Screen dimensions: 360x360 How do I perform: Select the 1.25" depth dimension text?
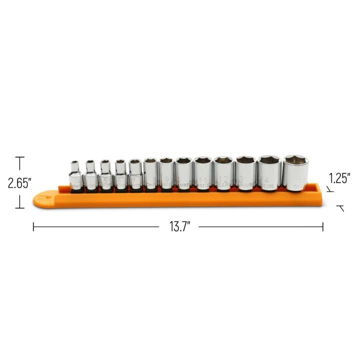339,178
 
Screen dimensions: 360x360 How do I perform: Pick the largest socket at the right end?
296,174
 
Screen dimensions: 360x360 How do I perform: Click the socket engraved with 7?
135,174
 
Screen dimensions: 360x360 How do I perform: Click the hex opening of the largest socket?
296,160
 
